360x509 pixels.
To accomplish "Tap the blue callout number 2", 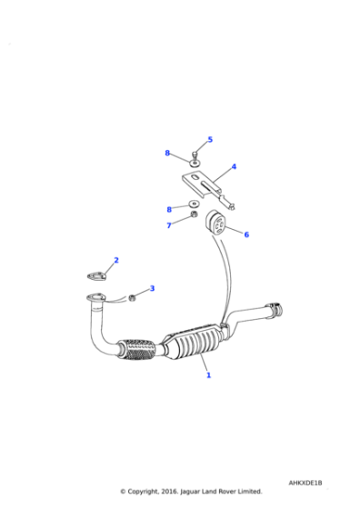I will (115, 260).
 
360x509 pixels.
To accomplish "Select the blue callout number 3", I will (152, 289).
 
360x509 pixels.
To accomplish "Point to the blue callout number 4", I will (234, 167).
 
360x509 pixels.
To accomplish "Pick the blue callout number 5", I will (209, 139).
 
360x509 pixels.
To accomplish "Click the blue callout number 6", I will (245, 235).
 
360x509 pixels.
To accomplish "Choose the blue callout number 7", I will (168, 225).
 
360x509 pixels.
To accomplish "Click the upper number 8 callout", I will (167, 154).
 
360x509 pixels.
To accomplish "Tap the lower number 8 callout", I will (168, 210).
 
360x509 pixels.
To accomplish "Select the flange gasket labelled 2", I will (97, 275).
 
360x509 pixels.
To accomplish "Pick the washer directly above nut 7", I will (194, 205).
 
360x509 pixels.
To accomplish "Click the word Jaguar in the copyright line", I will (185, 491).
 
